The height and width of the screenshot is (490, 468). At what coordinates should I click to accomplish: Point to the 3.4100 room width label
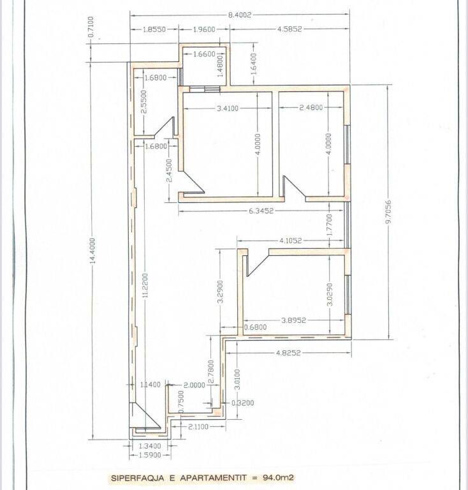click(227, 108)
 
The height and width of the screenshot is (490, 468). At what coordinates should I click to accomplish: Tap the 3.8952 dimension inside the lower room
click(294, 322)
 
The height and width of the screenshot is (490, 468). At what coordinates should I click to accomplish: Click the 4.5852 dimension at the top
click(289, 29)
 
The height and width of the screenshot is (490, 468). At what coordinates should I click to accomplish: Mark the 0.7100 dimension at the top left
click(93, 30)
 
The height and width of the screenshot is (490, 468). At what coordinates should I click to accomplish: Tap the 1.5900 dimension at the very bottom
click(150, 456)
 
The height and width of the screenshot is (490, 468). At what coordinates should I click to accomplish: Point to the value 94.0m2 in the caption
click(275, 477)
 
